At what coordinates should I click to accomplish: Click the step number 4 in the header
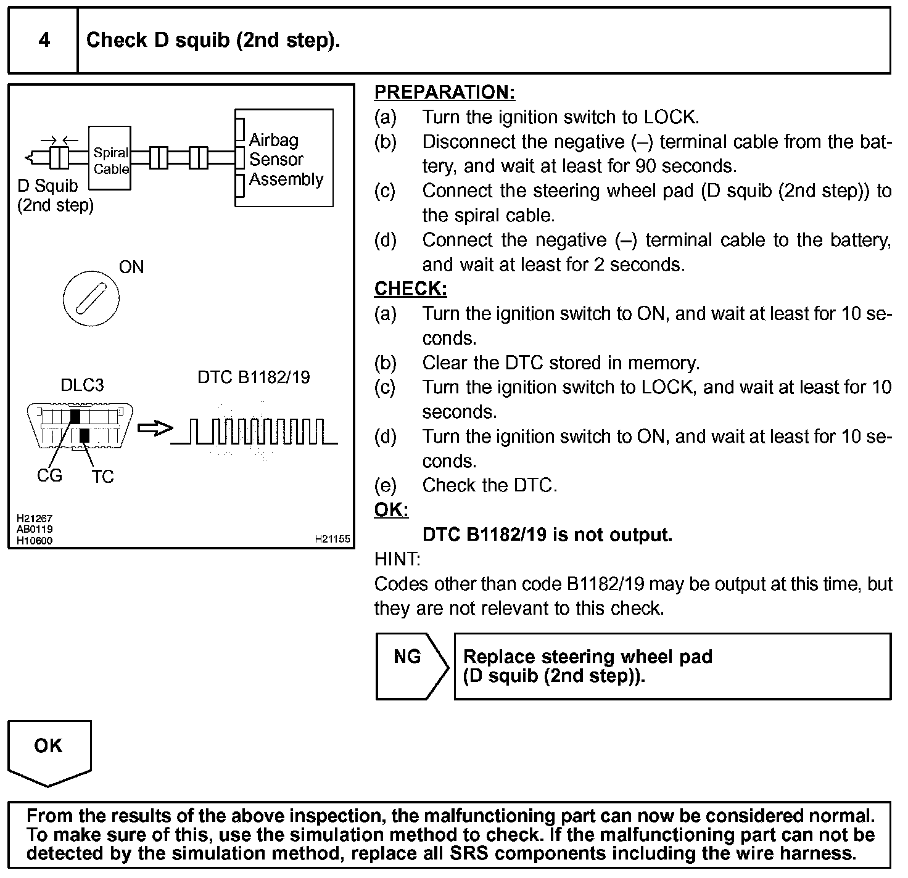pyautogui.click(x=44, y=41)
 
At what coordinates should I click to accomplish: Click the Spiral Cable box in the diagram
pyautogui.click(x=110, y=159)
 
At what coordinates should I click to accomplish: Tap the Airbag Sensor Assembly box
pyautogui.click(x=285, y=158)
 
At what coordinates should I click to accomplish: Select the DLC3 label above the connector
pyautogui.click(x=82, y=385)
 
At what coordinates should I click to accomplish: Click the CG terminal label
pyautogui.click(x=49, y=476)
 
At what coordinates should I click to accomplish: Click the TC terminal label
pyautogui.click(x=103, y=477)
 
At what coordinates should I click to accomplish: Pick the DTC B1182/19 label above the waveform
pyautogui.click(x=254, y=377)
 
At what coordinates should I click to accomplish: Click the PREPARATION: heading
pyautogui.click(x=444, y=92)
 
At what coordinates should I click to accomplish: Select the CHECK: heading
pyautogui.click(x=410, y=289)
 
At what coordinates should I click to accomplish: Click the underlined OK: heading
pyautogui.click(x=391, y=510)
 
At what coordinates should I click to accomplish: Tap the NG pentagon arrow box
pyautogui.click(x=411, y=666)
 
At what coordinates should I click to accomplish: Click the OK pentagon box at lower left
pyautogui.click(x=49, y=750)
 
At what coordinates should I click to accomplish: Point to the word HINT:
pyautogui.click(x=397, y=559)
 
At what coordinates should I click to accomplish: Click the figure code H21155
pyautogui.click(x=332, y=539)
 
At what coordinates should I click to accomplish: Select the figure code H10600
pyautogui.click(x=35, y=541)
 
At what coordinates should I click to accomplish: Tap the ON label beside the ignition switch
pyautogui.click(x=131, y=267)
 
